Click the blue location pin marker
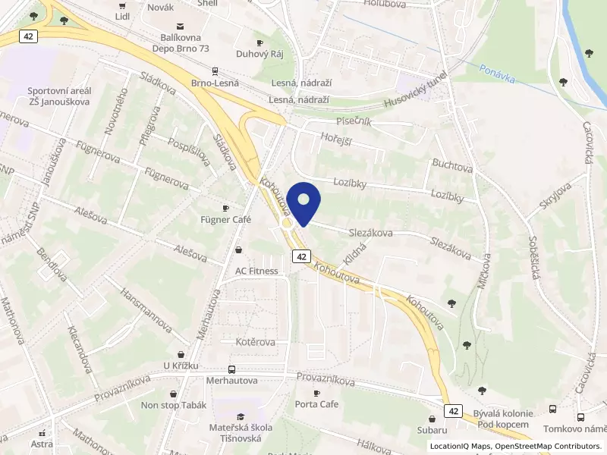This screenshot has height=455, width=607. pos(303,202)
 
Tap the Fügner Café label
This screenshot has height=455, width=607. pos(225,220)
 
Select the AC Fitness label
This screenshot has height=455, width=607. pos(256,271)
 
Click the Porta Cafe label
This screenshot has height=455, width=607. pos(316,403)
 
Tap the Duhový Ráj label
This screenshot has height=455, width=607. pos(259,55)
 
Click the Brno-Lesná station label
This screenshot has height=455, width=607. pos(215,83)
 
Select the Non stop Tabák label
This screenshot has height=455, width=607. pos(175,405)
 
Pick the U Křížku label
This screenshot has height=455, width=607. pos(181,366)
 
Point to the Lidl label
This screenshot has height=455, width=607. pos(122,15)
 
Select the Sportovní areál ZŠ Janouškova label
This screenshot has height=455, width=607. pos(58,96)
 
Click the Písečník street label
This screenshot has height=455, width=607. pos(354,121)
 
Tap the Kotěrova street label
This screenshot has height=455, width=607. pos(255,342)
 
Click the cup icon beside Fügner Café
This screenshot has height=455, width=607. pos(225,208)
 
